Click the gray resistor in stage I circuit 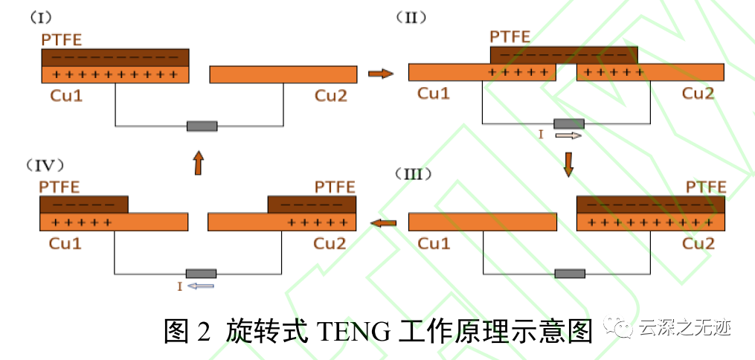pyautogui.click(x=202, y=126)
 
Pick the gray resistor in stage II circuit pyautogui.click(x=569, y=123)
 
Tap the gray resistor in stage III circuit pyautogui.click(x=570, y=273)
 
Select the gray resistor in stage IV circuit pyautogui.click(x=201, y=273)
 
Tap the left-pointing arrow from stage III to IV pyautogui.click(x=384, y=222)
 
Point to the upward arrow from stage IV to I pyautogui.click(x=198, y=162)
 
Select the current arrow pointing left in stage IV pyautogui.click(x=201, y=286)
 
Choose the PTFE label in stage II pyautogui.click(x=510, y=36)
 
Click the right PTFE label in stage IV pyautogui.click(x=335, y=186)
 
